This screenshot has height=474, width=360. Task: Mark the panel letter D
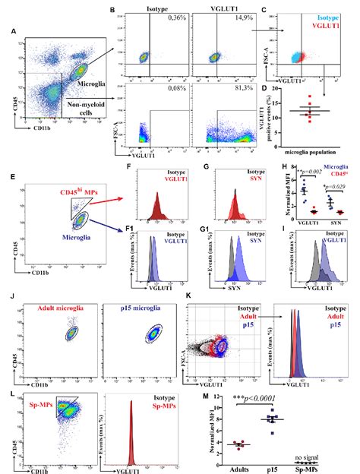tap(263, 89)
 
